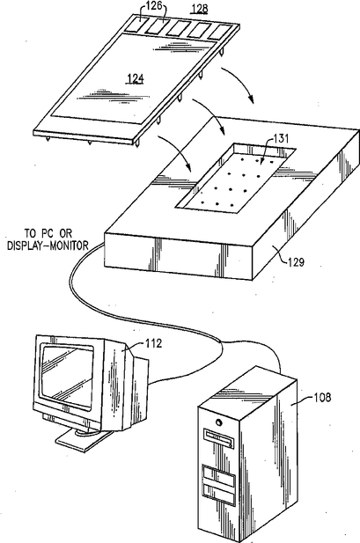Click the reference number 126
154,5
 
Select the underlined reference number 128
199,8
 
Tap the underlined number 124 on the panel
136,79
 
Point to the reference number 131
281,138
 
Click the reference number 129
296,262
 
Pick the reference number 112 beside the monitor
153,343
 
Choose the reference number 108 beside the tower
322,397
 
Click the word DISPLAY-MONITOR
48,246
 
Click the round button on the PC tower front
218,422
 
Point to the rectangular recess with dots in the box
236,177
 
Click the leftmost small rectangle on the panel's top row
136,25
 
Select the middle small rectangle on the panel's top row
179,28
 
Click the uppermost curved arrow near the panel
239,83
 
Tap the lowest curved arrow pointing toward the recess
177,150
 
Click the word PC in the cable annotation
47,233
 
